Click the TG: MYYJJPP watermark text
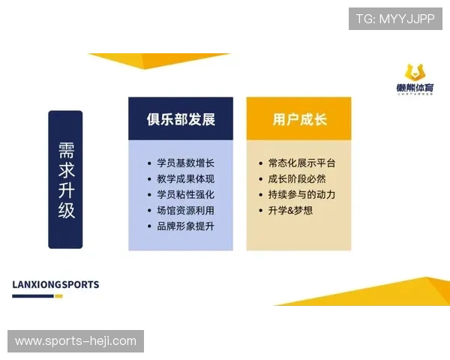tap(395, 19)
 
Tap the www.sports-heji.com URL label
tap(75, 341)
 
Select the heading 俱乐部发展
tap(180, 119)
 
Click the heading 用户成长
tap(299, 119)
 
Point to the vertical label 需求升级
tap(66, 180)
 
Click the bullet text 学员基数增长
tap(185, 163)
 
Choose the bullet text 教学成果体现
tap(185, 178)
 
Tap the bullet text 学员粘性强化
tap(185, 194)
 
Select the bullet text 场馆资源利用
tap(185, 210)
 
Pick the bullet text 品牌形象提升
tap(185, 226)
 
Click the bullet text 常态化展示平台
tap(301, 163)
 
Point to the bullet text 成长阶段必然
tap(296, 178)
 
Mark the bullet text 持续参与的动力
tap(301, 194)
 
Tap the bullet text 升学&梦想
tap(290, 210)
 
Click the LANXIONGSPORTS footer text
tap(55, 285)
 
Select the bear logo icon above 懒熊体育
tap(415, 73)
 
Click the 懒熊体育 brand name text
tap(415, 89)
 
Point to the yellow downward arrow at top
tap(157, 58)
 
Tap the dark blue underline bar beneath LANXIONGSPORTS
tap(33, 296)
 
